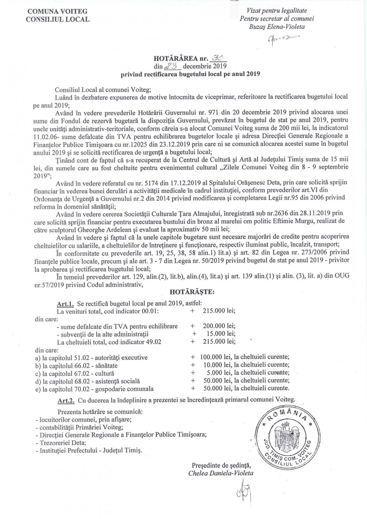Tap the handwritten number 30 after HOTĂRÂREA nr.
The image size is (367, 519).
tap(218, 58)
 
